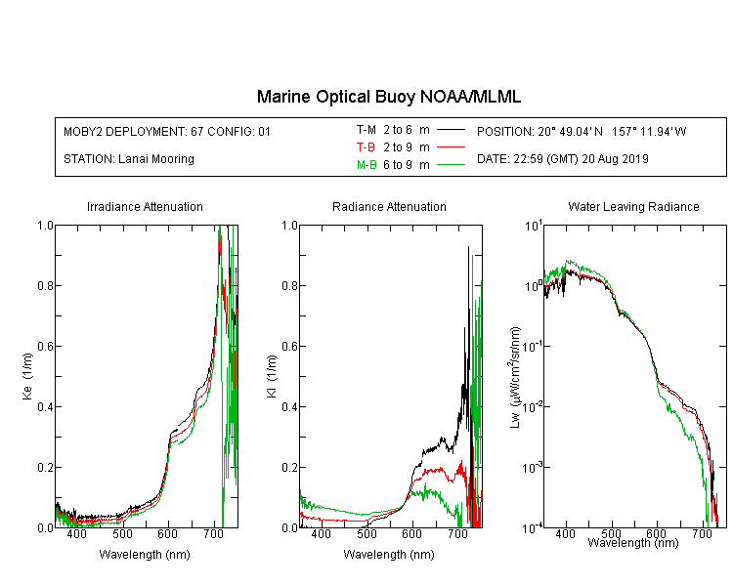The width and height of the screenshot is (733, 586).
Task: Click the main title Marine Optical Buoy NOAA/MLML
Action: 388,97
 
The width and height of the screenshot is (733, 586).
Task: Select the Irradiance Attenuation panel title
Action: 145,206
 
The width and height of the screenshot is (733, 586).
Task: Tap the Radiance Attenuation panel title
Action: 389,206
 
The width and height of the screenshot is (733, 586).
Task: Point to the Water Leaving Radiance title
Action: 633,206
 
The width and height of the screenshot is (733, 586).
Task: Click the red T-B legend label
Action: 366,147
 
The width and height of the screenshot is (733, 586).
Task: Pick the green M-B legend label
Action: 366,165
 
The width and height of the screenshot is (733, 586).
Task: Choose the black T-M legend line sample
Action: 451,130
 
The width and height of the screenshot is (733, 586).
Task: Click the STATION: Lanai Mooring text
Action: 129,159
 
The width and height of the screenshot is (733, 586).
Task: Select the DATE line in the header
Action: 562,159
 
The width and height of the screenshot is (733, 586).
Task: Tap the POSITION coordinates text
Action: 582,131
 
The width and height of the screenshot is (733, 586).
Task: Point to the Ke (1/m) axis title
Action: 27,376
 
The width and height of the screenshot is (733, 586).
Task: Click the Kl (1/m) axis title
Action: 271,376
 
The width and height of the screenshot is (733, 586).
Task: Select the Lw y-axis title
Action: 514,377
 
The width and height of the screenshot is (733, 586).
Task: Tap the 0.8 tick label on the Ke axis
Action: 45,285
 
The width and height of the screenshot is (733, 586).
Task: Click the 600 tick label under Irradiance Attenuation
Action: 168,533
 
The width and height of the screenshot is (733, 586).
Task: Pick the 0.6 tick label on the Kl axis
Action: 290,346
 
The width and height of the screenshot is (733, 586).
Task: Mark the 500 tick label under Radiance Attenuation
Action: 366,533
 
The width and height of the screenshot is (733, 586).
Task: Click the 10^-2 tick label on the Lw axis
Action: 533,405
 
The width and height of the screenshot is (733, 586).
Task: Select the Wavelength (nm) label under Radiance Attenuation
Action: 389,555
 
